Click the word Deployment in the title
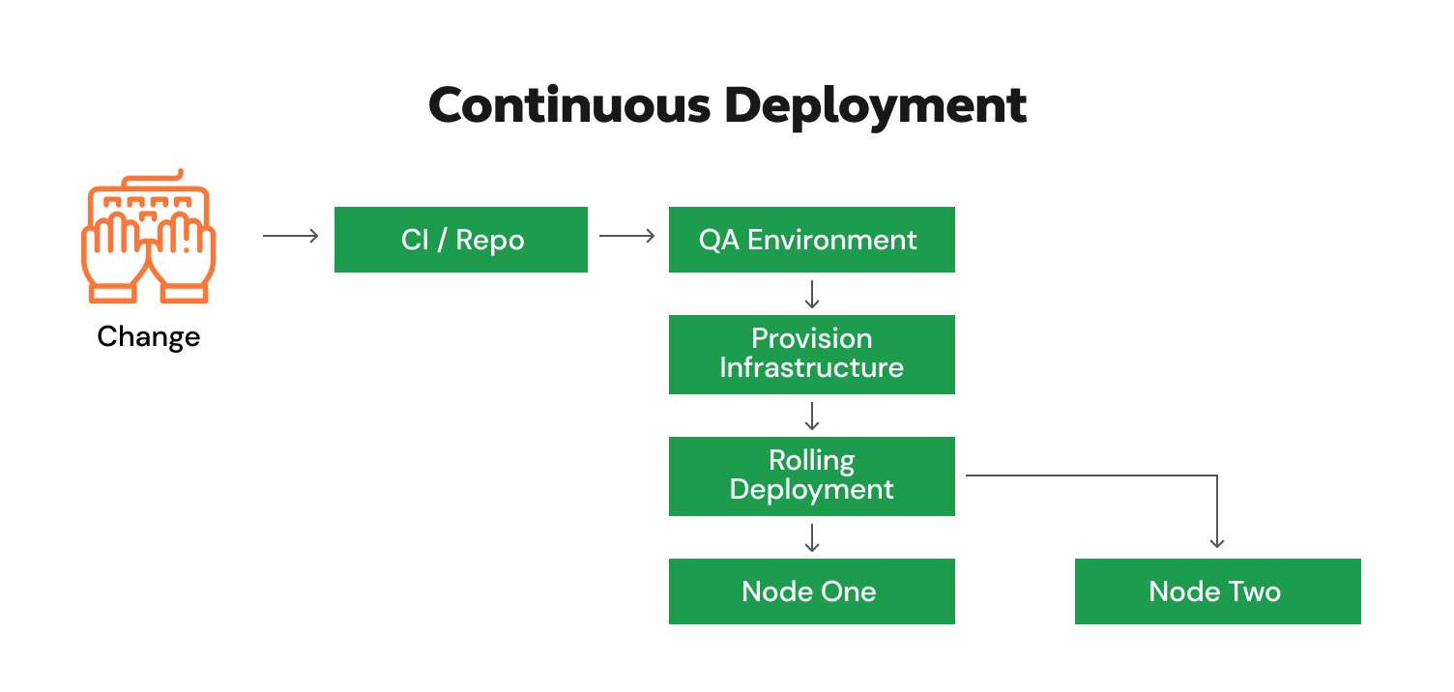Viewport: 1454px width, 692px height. (x=875, y=106)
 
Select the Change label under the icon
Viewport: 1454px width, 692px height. (x=148, y=336)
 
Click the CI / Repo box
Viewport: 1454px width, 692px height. (x=461, y=240)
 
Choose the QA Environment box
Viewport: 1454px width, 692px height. (x=811, y=240)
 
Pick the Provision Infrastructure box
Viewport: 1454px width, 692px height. (x=811, y=354)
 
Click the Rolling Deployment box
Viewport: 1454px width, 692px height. (x=811, y=476)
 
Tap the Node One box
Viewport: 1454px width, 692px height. (x=811, y=591)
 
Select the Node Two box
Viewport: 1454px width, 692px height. (x=1217, y=591)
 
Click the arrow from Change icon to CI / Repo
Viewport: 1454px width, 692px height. (x=291, y=236)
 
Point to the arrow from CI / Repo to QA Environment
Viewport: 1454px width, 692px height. (x=627, y=236)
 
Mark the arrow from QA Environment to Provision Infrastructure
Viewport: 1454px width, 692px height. (x=812, y=294)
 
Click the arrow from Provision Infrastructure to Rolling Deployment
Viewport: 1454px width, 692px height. (x=812, y=416)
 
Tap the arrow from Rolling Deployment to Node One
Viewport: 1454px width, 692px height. (x=812, y=537)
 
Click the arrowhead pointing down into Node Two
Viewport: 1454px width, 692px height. (x=1217, y=542)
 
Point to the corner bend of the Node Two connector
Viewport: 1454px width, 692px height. (x=1216, y=476)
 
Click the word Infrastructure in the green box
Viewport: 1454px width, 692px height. (x=811, y=368)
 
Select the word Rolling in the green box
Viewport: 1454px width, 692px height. (x=811, y=460)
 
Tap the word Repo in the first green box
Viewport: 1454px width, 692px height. (x=490, y=241)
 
